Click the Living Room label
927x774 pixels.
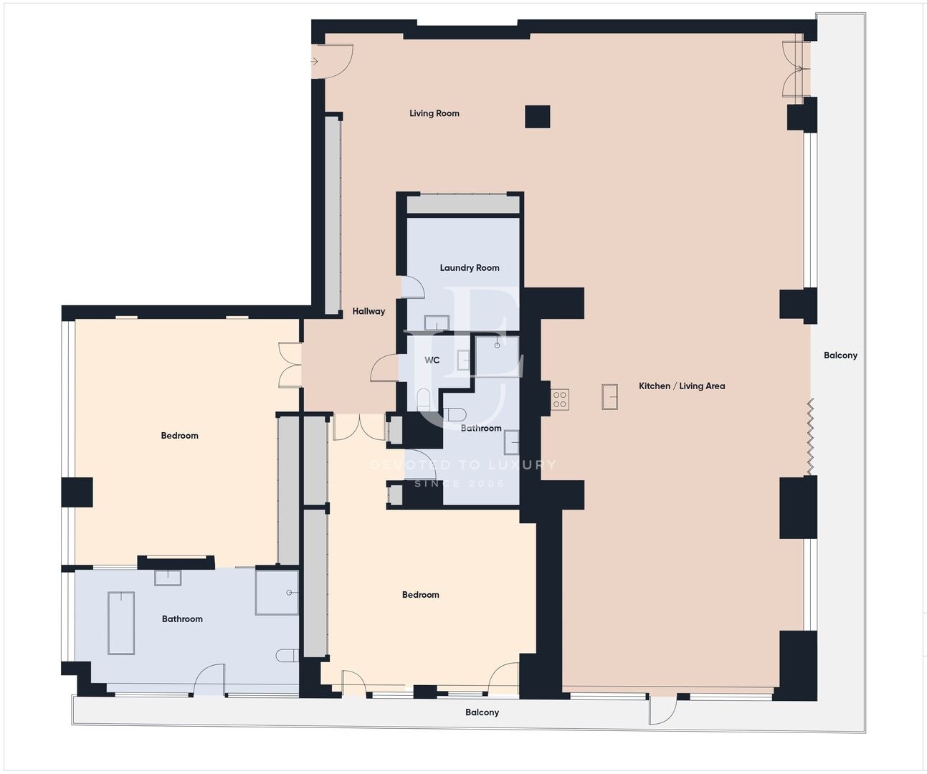434,114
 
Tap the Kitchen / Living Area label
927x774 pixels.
682,386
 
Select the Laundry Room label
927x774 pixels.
470,268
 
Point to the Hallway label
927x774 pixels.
369,312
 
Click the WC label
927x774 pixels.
432,360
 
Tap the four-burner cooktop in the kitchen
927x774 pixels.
560,399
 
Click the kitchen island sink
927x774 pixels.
609,397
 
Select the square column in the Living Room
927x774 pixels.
537,117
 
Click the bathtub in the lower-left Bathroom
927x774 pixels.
121,623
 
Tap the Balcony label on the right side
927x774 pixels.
840,355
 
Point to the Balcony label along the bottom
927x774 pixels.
482,712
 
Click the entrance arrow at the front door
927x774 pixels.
314,62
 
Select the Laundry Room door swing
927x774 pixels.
414,287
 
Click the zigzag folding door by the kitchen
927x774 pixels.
810,436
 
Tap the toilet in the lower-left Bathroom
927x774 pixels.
287,656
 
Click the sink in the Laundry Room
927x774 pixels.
437,322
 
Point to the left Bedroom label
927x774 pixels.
179,436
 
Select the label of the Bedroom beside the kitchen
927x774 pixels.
420,595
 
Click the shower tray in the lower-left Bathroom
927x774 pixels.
277,593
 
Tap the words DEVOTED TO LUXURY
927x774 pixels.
463,464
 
